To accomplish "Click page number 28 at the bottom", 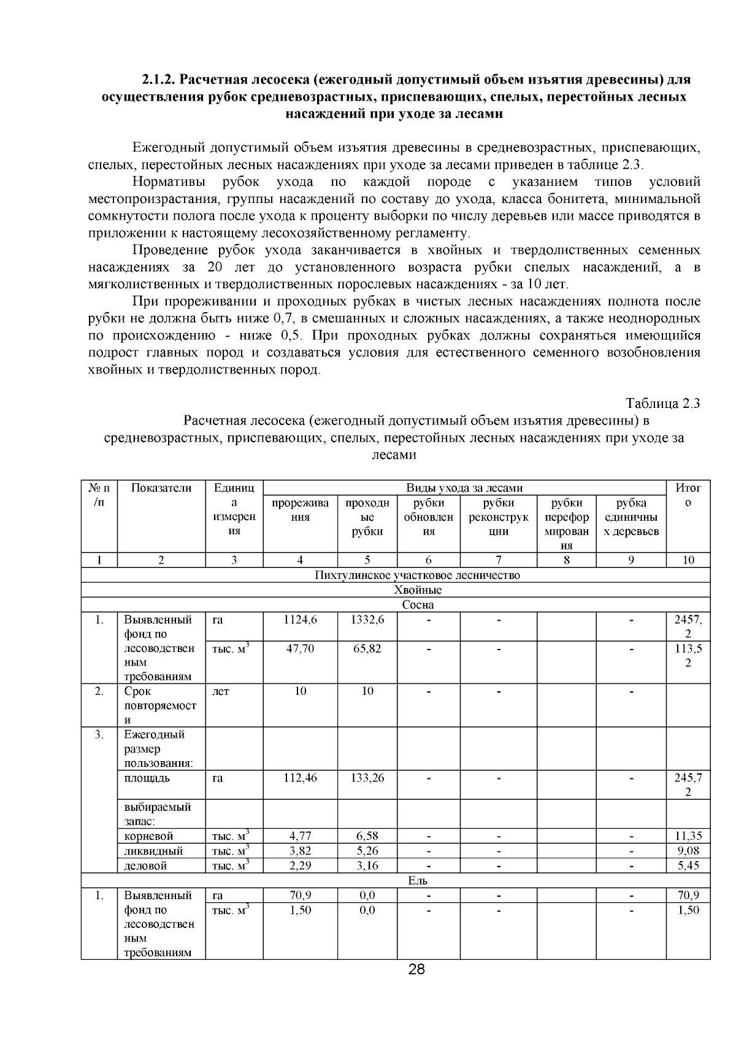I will [x=416, y=970].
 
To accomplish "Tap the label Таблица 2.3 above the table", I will [x=662, y=404].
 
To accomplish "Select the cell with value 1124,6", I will [x=300, y=619].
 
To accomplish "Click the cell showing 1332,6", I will [x=367, y=619].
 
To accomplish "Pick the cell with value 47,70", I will [x=300, y=648].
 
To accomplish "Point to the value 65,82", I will [x=367, y=648].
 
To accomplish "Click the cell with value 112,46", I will [x=300, y=778].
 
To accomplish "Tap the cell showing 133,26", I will [x=367, y=778].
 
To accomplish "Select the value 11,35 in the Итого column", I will [x=688, y=836].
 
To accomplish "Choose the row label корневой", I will [x=148, y=836].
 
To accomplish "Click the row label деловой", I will [x=145, y=865].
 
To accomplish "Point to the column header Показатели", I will [x=161, y=488].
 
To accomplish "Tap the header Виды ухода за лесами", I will [x=464, y=488].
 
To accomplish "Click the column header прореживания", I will [x=300, y=510].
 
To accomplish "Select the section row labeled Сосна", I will [x=418, y=605].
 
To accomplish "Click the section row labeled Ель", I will [x=418, y=880].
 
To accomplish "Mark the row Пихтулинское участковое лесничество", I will [x=417, y=575].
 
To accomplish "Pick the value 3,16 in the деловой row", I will [x=367, y=865].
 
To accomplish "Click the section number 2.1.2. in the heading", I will [x=160, y=80].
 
